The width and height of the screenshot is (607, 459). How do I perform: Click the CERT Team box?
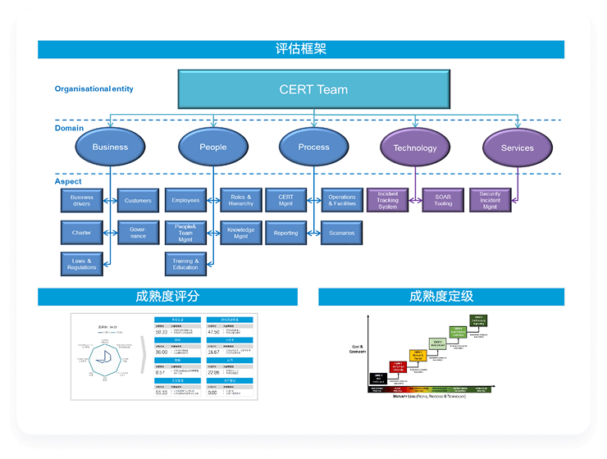313,89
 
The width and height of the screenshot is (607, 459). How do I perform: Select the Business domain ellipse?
110,147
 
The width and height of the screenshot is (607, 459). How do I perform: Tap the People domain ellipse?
212,147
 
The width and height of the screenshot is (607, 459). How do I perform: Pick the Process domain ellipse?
313,147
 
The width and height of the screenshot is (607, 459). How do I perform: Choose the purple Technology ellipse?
415,148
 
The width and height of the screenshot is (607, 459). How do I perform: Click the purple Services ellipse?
517,148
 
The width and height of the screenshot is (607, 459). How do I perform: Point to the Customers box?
138,200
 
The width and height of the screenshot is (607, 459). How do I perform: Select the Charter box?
81,233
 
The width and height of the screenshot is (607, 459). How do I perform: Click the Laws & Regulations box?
81,264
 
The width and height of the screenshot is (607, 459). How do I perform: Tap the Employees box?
185,200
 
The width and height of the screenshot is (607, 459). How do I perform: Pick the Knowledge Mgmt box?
240,233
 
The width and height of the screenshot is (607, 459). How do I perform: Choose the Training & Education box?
185,264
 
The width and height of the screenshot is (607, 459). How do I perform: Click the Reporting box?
285,233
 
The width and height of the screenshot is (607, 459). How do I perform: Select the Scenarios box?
341,233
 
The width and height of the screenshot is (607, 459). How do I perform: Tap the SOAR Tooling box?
443,200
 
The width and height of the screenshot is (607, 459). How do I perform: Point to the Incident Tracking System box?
387,200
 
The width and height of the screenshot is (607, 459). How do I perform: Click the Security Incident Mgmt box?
490,200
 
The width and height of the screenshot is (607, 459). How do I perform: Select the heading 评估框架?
301,49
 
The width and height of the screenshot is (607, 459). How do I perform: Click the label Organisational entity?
94,89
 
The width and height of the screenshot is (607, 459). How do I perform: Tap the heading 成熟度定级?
441,297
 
